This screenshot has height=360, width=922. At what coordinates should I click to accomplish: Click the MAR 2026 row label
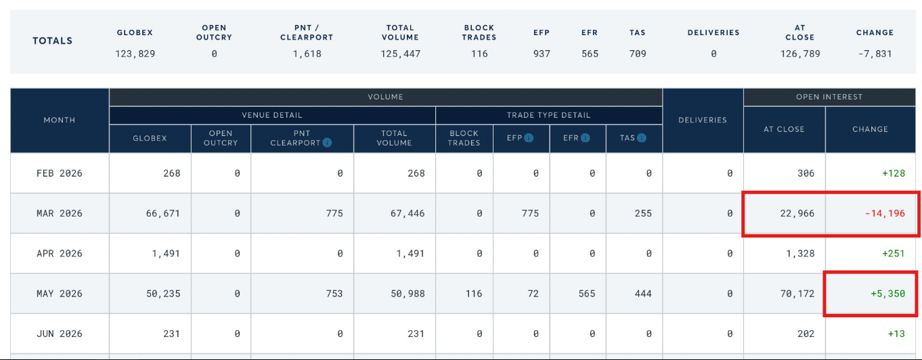pyautogui.click(x=60, y=213)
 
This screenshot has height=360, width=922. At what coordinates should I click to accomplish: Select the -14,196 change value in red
pyautogui.click(x=885, y=214)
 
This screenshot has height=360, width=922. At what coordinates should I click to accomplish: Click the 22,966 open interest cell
pyautogui.click(x=797, y=213)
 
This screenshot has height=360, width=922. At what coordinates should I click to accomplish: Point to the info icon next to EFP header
pyautogui.click(x=529, y=138)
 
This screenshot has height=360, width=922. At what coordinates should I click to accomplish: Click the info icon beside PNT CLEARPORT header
pyautogui.click(x=327, y=143)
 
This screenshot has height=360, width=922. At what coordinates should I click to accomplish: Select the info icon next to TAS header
pyautogui.click(x=641, y=138)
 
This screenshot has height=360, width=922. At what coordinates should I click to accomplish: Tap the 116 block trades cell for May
pyautogui.click(x=474, y=294)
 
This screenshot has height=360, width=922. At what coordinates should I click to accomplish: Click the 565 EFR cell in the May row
pyautogui.click(x=587, y=294)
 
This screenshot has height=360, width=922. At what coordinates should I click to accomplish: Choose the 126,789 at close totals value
pyautogui.click(x=799, y=53)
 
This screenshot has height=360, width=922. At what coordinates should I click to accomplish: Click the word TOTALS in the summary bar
pyautogui.click(x=53, y=41)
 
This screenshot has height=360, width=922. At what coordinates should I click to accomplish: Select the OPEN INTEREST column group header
pyautogui.click(x=829, y=97)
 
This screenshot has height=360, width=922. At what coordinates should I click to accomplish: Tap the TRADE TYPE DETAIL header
pyautogui.click(x=548, y=115)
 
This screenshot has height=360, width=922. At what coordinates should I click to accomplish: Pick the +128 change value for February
pyautogui.click(x=894, y=173)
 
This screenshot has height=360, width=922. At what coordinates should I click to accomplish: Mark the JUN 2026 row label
pyautogui.click(x=60, y=333)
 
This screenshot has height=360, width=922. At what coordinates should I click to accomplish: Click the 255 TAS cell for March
pyautogui.click(x=643, y=213)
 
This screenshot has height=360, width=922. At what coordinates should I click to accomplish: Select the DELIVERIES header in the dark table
pyautogui.click(x=702, y=120)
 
